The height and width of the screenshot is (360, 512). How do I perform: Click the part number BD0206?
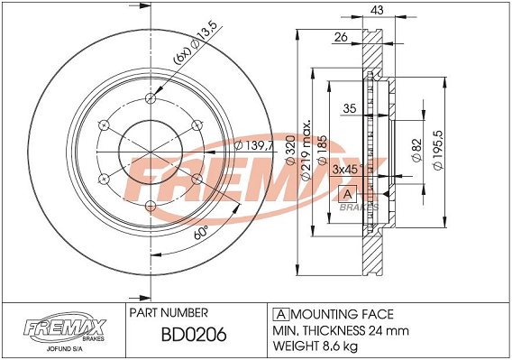click(x=194, y=335)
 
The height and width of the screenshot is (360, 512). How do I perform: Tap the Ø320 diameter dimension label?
click(x=290, y=150)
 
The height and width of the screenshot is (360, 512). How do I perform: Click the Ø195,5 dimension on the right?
click(x=437, y=150)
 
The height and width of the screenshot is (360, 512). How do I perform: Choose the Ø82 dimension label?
click(x=416, y=151)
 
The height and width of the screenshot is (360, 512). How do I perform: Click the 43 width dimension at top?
click(x=377, y=10)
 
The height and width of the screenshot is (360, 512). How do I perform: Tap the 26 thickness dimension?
click(x=341, y=37)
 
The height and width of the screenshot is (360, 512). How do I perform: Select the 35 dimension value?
click(x=350, y=108)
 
